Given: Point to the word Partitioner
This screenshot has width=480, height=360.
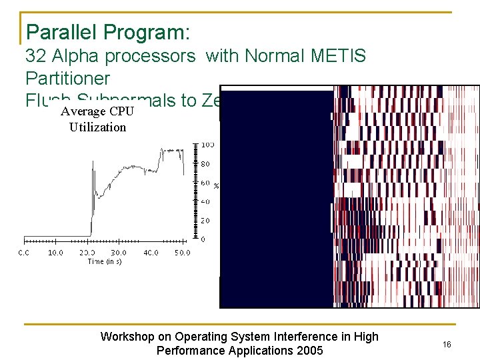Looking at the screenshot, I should (x=68, y=79).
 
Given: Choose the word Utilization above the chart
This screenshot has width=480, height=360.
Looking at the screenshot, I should (x=97, y=127).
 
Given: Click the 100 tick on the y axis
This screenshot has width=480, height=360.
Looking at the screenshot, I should (x=207, y=145).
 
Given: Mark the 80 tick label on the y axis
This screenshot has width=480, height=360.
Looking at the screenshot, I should (x=206, y=163).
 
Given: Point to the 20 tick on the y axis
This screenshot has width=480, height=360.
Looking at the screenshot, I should (x=206, y=220).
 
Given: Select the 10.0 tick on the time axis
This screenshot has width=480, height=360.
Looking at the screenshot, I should (x=55, y=253).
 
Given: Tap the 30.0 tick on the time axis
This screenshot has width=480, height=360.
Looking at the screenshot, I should (x=118, y=253).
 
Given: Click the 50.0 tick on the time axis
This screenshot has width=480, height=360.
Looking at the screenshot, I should (x=181, y=253).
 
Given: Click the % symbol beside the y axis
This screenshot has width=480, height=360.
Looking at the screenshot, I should (x=216, y=185).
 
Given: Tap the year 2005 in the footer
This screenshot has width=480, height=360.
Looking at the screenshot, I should (x=309, y=351).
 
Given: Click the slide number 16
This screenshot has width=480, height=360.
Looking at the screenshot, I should (x=447, y=343).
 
